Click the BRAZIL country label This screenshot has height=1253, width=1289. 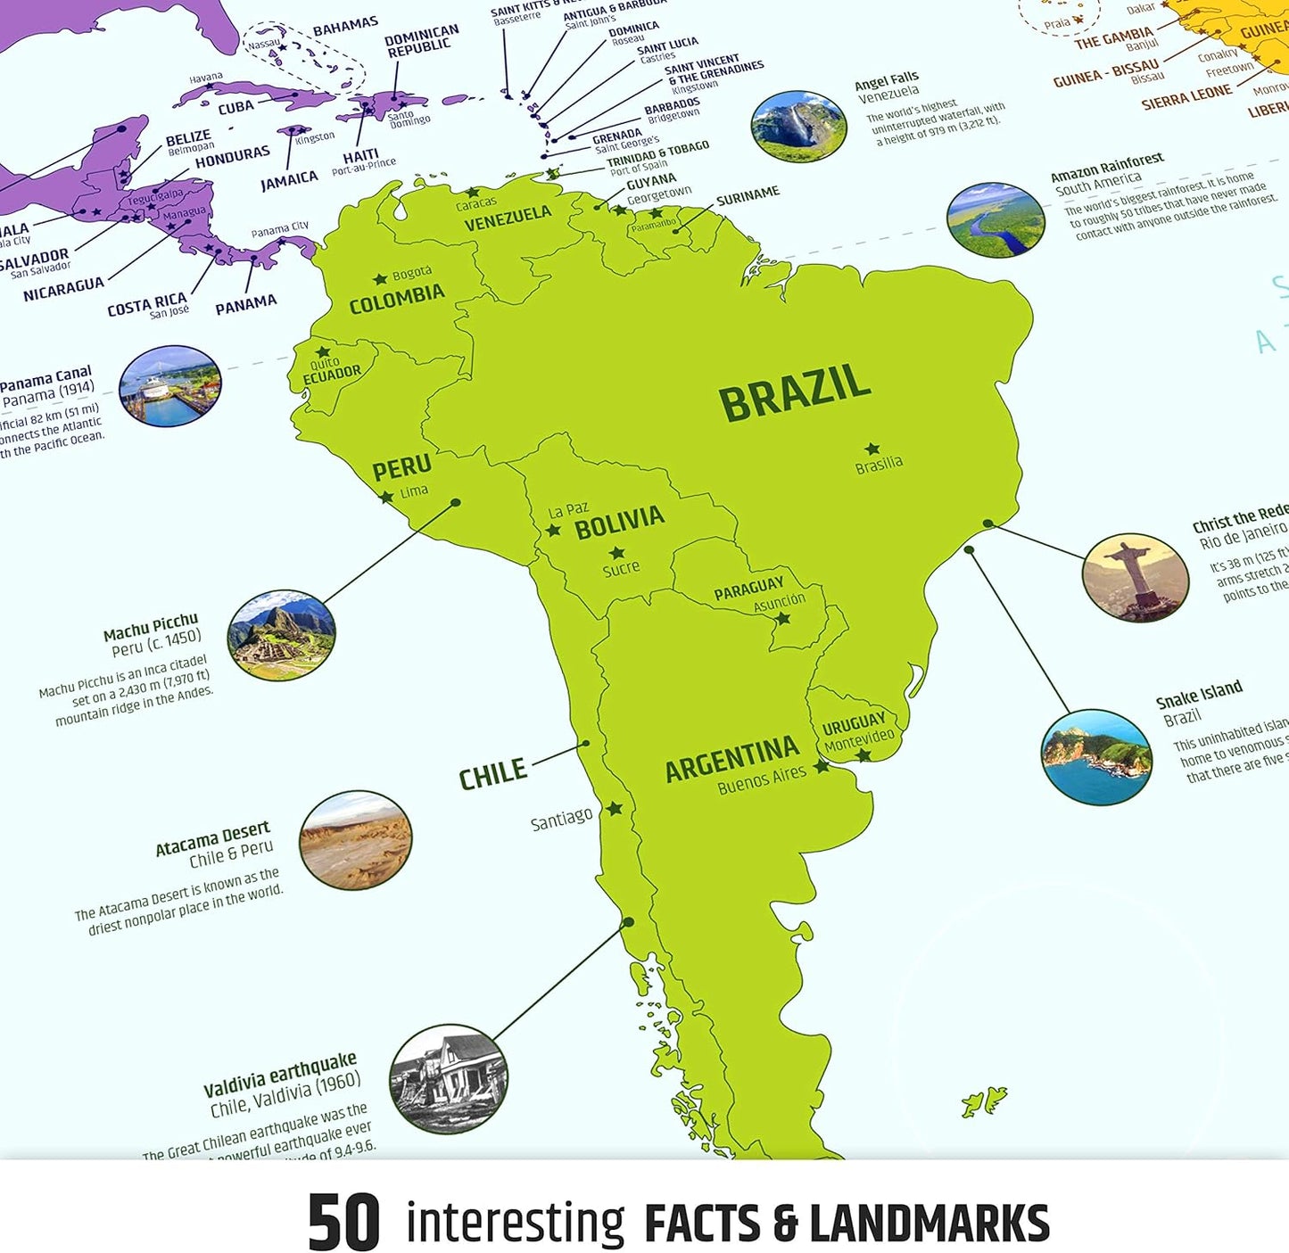point(794,392)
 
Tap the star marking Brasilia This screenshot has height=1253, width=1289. point(872,449)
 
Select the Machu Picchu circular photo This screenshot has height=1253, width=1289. point(282,635)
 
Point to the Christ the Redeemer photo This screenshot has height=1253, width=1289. point(1136,577)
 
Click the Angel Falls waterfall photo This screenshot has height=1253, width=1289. point(798,126)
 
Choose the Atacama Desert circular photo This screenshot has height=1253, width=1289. point(356,840)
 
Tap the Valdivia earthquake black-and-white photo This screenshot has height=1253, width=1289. point(449,1078)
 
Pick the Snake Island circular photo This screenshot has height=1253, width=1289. point(1096,757)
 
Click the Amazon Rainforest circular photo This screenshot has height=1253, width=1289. point(996,219)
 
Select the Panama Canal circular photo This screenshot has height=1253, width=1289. point(169,386)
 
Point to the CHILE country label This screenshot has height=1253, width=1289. point(492,774)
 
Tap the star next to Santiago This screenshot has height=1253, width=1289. point(615,809)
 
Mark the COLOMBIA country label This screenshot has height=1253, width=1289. point(397,299)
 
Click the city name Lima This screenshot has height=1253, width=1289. point(414,491)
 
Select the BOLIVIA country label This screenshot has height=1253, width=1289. point(619,522)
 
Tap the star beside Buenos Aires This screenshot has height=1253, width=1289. point(821,765)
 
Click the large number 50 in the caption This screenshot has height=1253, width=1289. point(343,1223)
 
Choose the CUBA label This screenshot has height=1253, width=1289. point(236,108)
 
